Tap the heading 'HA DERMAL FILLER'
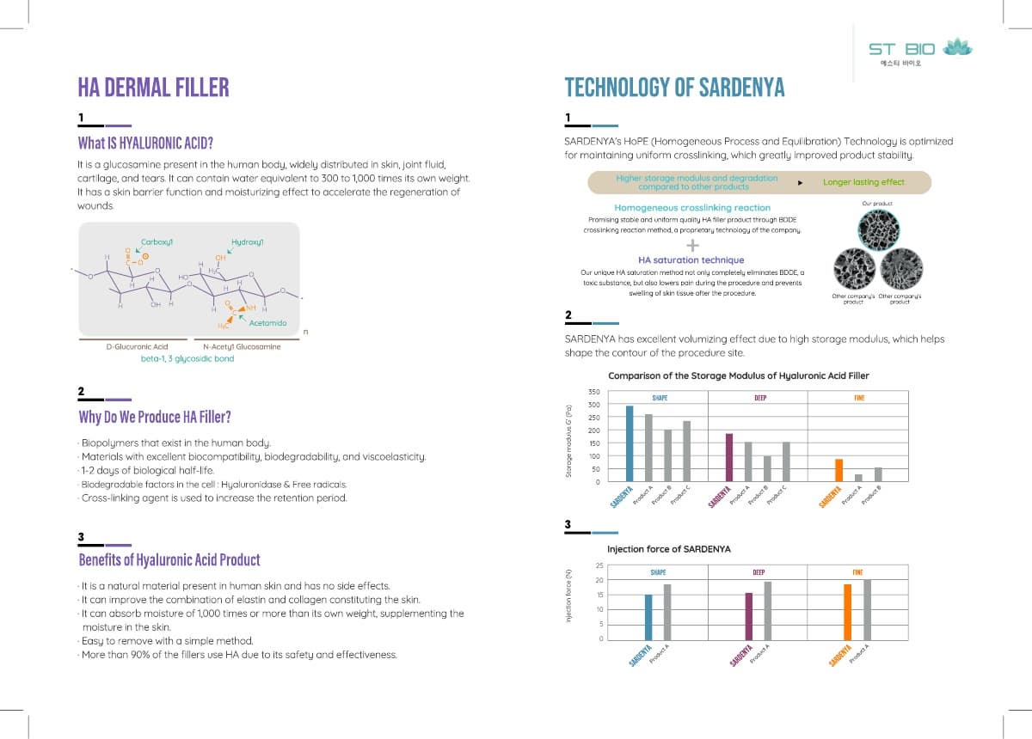[153, 87]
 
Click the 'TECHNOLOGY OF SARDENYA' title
[673, 88]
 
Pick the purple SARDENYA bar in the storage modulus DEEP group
[728, 457]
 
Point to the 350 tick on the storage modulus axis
[593, 392]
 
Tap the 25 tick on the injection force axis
[599, 565]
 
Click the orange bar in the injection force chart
[847, 611]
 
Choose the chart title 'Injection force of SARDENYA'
[668, 549]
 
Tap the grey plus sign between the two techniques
[692, 244]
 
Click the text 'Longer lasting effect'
[863, 182]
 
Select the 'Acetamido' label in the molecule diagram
[267, 322]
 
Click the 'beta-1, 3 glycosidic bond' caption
[187, 358]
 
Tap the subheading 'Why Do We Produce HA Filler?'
[154, 418]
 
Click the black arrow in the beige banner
[801, 183]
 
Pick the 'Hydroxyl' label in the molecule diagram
[247, 242]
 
